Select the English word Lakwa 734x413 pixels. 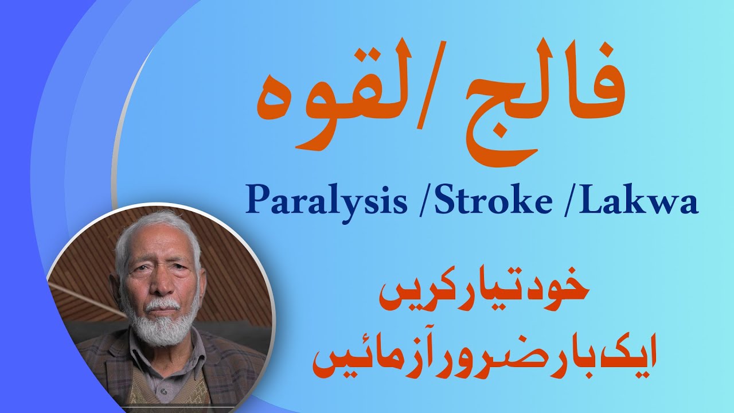pos(638,200)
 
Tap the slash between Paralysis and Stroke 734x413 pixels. pos(425,202)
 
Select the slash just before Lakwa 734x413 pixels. pos(570,202)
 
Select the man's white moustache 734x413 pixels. pos(162,304)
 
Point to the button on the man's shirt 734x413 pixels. pos(163,392)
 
